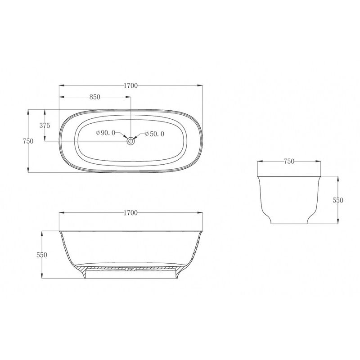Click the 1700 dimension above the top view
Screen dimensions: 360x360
pyautogui.click(x=130, y=85)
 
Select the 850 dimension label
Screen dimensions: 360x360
pyautogui.click(x=95, y=97)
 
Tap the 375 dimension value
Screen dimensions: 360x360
pyautogui.click(x=45, y=126)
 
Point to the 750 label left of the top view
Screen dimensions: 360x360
pyautogui.click(x=28, y=141)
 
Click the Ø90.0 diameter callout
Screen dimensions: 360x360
pyautogui.click(x=106, y=133)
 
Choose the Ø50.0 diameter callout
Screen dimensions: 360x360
pyautogui.click(x=154, y=134)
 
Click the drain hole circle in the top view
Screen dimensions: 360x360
pyautogui.click(x=130, y=141)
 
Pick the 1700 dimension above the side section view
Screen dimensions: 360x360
pyautogui.click(x=130, y=213)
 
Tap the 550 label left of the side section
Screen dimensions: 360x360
pyautogui.click(x=42, y=255)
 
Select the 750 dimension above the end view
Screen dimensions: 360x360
pyautogui.click(x=289, y=162)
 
